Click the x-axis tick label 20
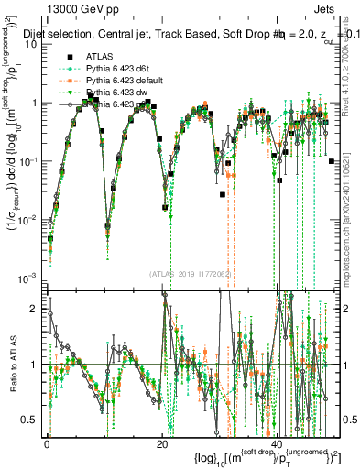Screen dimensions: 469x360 (x=162, y=442)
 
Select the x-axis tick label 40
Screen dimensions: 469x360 (x=276, y=442)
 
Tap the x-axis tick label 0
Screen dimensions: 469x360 (x=48, y=442)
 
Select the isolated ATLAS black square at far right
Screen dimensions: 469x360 (x=331, y=161)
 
